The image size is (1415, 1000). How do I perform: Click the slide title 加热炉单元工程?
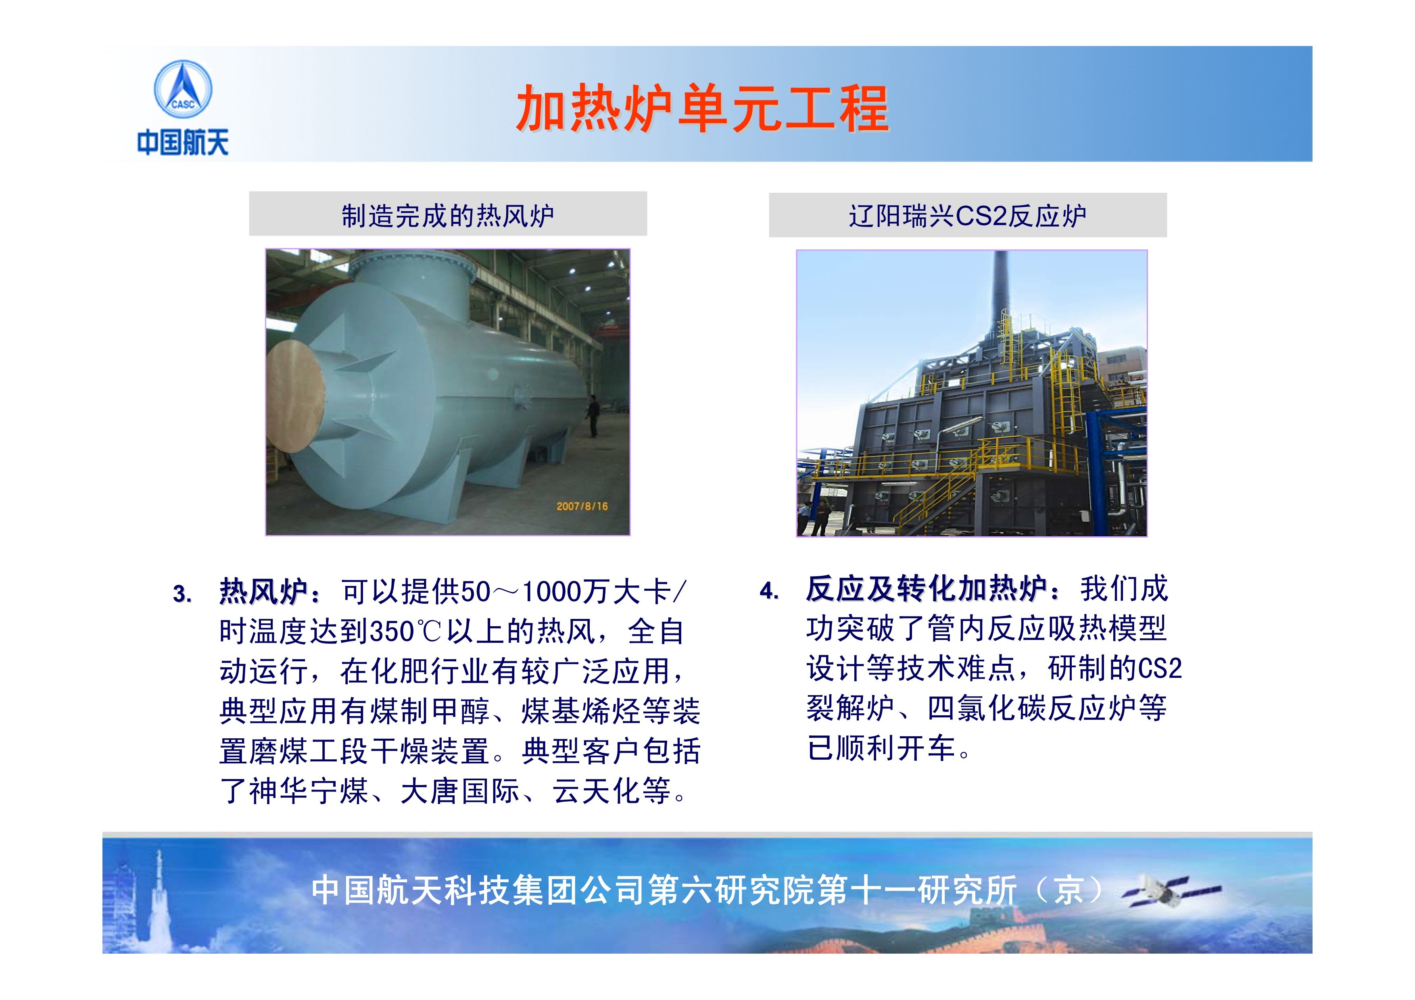(703, 109)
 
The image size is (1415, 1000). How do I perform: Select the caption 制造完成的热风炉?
(448, 216)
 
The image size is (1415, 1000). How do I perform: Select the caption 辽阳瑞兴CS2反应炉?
(968, 216)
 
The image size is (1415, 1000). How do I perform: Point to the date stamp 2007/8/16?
(582, 506)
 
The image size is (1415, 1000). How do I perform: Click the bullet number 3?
(182, 595)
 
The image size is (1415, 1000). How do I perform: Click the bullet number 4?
(769, 592)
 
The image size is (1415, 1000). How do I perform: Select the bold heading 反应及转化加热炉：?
(934, 589)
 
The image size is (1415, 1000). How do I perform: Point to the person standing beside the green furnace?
(593, 415)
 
